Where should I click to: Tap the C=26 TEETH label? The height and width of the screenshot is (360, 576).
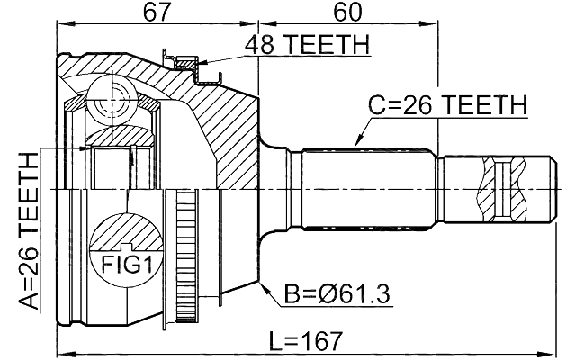[x=447, y=106]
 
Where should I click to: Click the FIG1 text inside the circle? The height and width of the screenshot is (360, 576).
[x=124, y=265]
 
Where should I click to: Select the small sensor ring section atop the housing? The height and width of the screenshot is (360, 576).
[x=184, y=60]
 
